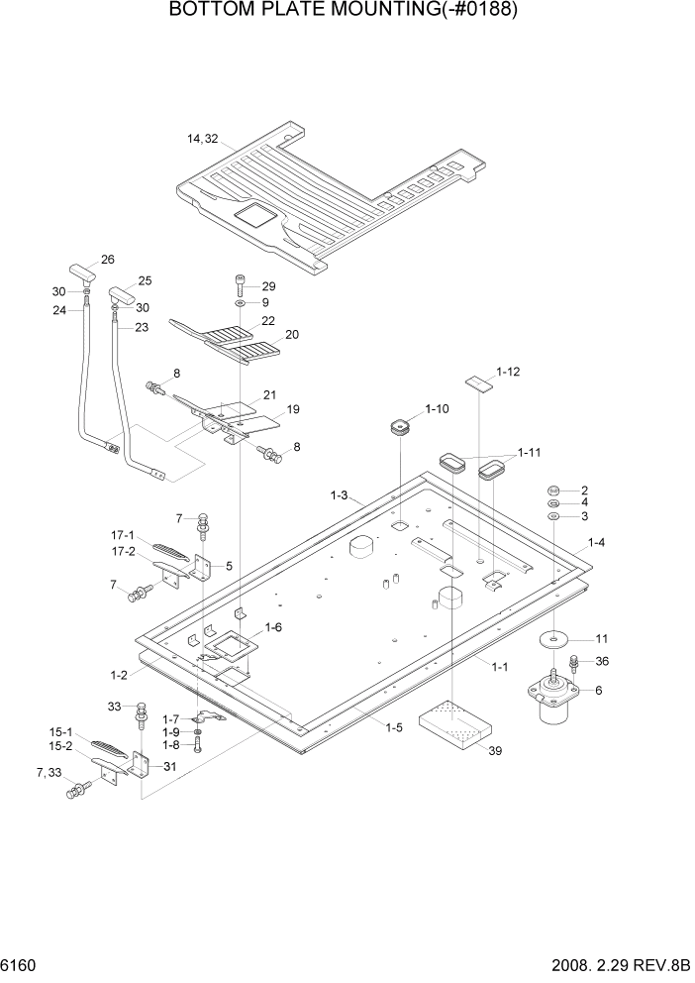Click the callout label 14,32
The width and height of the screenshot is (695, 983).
(203, 139)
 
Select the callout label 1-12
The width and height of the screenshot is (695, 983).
(508, 372)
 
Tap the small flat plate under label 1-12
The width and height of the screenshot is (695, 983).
(481, 383)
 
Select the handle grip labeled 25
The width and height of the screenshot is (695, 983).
(120, 294)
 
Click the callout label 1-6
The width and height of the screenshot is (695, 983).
(272, 627)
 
